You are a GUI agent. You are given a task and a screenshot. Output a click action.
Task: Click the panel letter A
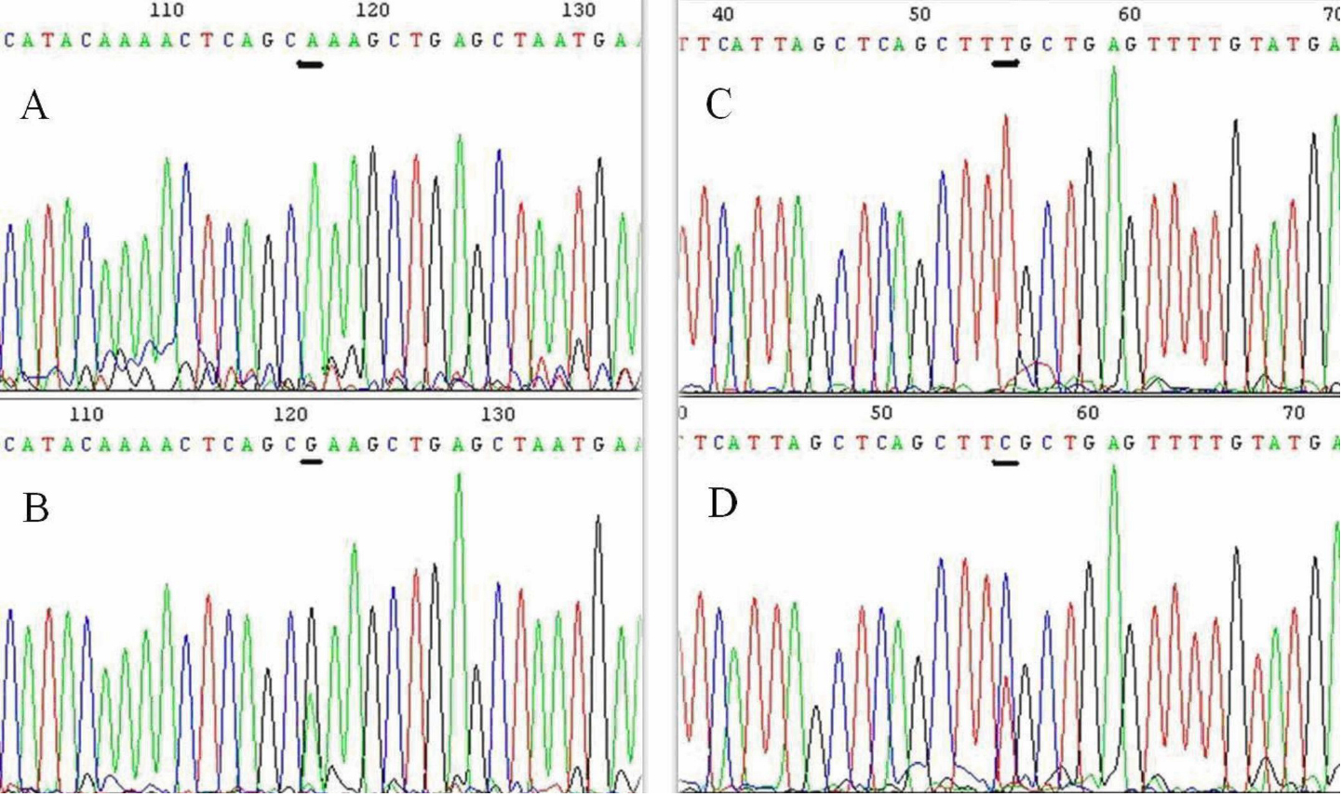(34, 106)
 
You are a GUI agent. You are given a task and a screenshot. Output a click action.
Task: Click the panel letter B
(35, 508)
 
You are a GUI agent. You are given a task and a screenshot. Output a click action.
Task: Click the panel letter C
(719, 104)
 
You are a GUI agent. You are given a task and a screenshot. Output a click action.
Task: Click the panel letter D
(722, 503)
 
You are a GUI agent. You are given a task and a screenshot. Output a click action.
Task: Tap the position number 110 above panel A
(167, 10)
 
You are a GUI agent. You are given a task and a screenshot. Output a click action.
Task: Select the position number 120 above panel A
(372, 10)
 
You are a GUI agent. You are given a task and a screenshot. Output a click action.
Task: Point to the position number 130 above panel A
(578, 10)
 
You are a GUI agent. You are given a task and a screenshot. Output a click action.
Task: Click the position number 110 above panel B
(87, 414)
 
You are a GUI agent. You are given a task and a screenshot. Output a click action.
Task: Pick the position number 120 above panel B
(291, 414)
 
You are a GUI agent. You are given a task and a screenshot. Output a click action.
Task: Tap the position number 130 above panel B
(498, 414)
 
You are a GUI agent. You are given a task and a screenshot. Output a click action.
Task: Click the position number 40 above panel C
(722, 14)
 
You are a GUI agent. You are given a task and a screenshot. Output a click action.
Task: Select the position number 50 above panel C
(919, 14)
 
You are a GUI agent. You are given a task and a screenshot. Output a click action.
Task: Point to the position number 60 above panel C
(1129, 14)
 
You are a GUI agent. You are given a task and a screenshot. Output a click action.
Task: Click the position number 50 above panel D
(880, 412)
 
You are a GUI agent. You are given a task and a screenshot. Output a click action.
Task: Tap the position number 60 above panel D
(1087, 412)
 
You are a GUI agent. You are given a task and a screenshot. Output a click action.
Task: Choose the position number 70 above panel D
(1294, 412)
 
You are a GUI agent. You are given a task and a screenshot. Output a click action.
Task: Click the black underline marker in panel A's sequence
(310, 64)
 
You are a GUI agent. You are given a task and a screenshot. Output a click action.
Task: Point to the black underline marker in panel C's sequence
(1005, 63)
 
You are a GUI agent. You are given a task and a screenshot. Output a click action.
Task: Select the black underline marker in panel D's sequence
(1005, 462)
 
